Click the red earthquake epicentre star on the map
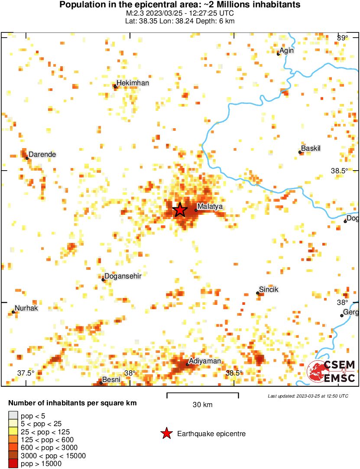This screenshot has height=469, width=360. point(180,210)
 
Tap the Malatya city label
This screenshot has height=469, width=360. point(210,207)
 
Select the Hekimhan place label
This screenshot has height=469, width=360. point(133,83)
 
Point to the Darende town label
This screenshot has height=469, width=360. point(42,155)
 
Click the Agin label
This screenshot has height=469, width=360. point(287,50)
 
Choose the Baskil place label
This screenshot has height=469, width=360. point(311,149)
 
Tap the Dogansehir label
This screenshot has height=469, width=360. point(123,276)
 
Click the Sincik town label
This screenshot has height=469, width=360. point(268,289)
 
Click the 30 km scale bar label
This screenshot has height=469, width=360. point(202,405)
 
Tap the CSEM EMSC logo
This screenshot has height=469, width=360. point(331,372)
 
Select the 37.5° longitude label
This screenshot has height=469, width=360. point(26,373)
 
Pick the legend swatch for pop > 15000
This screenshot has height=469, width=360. point(13,464)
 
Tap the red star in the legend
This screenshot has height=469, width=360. point(166,433)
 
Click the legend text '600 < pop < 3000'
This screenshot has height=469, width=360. point(49,448)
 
